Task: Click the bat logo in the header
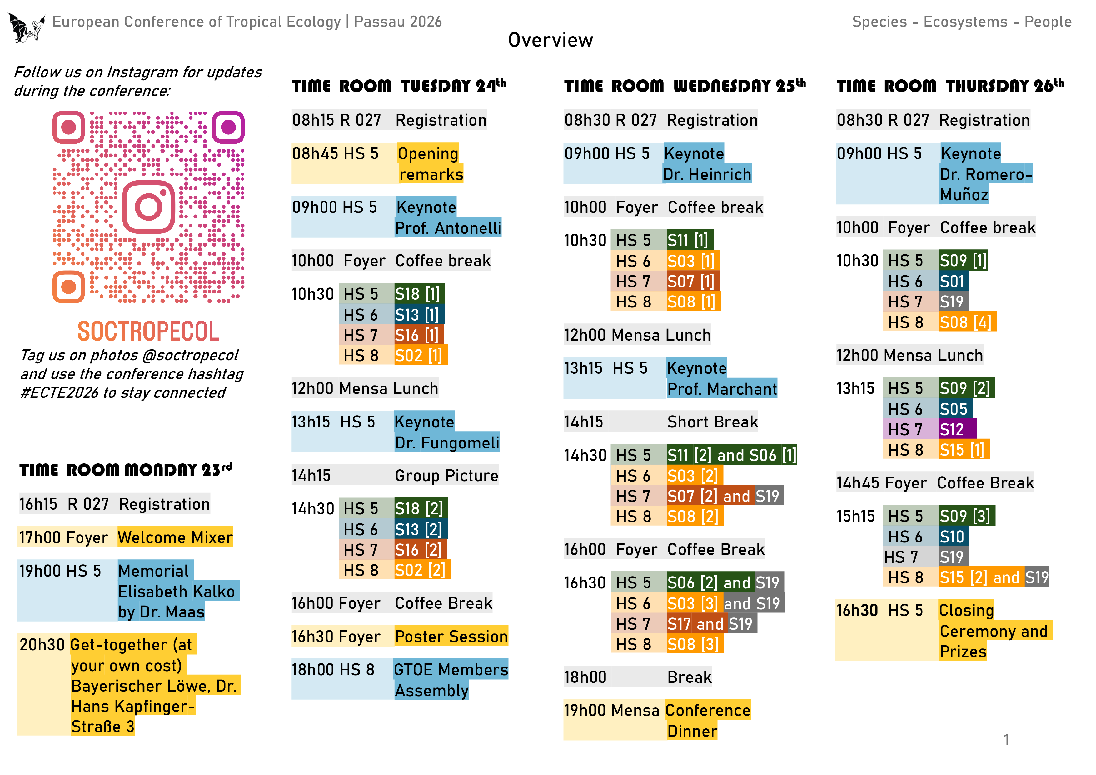coord(26,28)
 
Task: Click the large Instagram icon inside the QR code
coord(148,207)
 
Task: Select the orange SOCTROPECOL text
coord(148,331)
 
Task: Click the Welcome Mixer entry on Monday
coord(175,537)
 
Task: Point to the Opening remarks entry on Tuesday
coord(429,164)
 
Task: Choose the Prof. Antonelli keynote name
coord(448,228)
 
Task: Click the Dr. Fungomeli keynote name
coord(446,442)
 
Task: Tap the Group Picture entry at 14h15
coord(446,476)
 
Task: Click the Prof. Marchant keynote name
coord(722,389)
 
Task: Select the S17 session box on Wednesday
coord(680,624)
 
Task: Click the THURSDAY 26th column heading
coord(1004,86)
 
